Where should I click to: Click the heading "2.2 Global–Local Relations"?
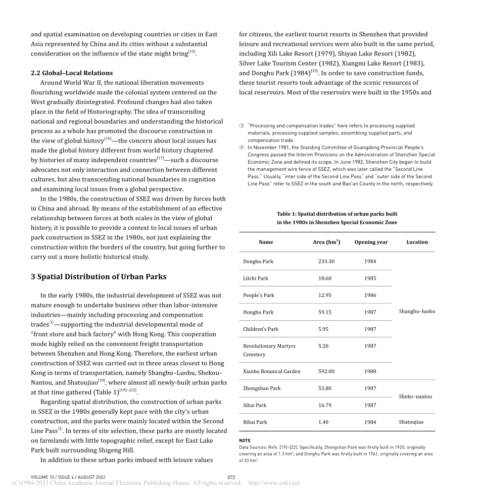[72, 73]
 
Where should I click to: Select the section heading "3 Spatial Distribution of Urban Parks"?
[99, 277]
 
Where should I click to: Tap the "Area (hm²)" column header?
[326, 242]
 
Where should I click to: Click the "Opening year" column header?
[371, 242]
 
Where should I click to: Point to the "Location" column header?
[417, 242]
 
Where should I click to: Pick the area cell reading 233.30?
[326, 262]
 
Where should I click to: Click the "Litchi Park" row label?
[256, 278]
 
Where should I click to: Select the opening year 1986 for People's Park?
[370, 295]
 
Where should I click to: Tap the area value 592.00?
[326, 371]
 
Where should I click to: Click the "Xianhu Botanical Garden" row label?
[271, 371]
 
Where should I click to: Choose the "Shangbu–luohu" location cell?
[417, 311]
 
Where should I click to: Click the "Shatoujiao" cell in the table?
[411, 422]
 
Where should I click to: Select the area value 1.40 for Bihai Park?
[323, 422]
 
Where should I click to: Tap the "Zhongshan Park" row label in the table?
[260, 388]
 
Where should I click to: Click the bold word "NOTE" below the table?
[245, 440]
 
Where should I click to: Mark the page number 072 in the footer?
[231, 477]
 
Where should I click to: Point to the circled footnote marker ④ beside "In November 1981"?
[242, 147]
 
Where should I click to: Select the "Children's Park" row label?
[261, 329]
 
